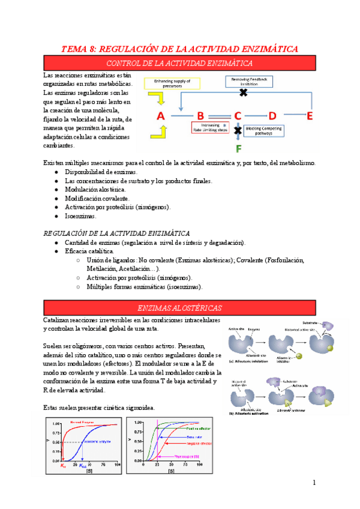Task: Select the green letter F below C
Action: pos(238,148)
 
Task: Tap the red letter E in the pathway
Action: pos(310,116)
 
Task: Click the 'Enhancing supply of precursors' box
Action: pos(172,83)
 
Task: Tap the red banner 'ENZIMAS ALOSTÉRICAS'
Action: pos(179,308)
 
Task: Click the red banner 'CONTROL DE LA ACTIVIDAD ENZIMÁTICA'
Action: pos(179,62)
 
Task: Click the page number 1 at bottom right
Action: pos(313,483)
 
